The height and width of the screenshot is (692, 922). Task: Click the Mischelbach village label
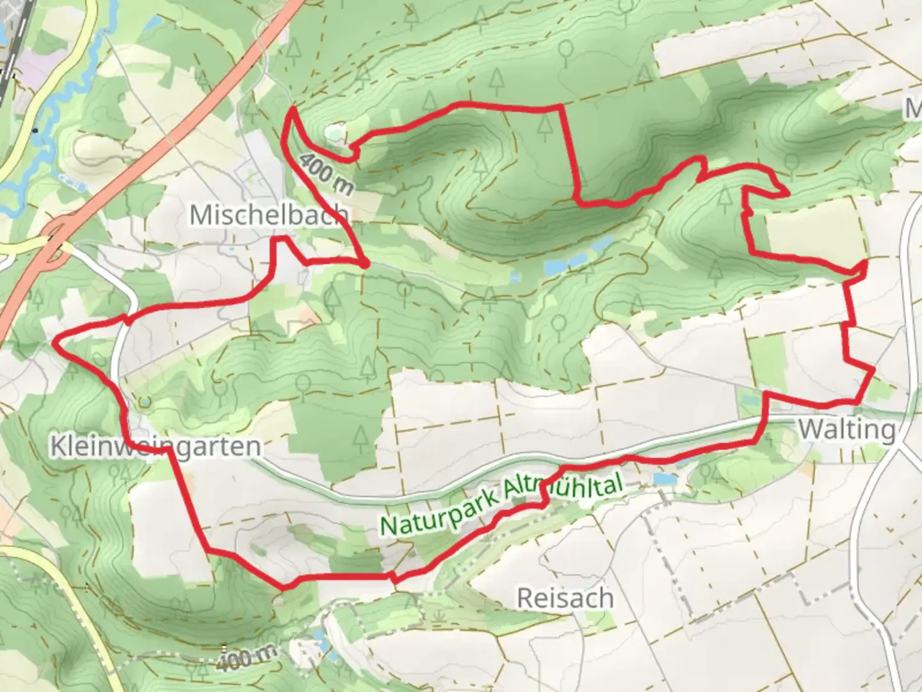pos(269,215)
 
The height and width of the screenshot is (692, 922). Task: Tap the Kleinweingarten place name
pos(156,447)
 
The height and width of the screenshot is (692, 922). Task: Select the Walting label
pos(847,429)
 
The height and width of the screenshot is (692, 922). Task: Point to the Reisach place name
pos(565,598)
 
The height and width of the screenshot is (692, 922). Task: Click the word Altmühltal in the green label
pos(563,490)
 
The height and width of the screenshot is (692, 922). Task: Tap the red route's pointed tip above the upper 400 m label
pos(292,110)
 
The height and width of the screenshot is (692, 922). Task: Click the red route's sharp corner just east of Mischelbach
pos(366,264)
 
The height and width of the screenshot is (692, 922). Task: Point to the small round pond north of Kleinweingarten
pos(145,402)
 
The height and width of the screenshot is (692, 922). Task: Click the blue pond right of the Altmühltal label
pos(663,479)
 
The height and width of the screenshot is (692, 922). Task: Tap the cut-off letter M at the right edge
pos(914,109)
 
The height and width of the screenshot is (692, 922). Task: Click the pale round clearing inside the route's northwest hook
pos(335,133)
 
